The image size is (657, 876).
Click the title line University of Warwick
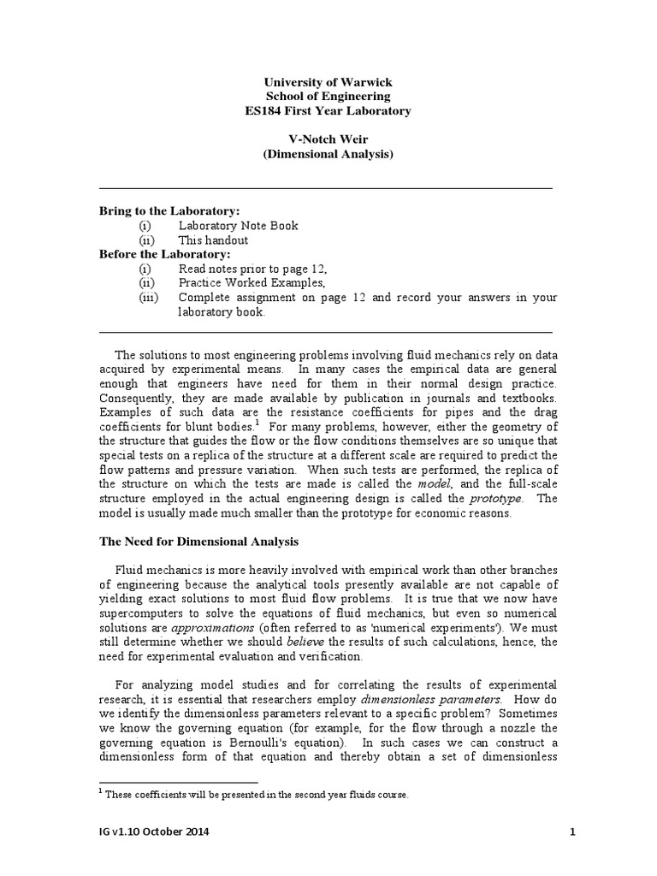[328, 82]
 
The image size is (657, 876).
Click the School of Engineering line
[328, 97]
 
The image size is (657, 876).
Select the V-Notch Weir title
[328, 140]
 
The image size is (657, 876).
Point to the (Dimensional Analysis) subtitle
[328, 155]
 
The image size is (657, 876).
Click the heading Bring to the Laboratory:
[169, 210]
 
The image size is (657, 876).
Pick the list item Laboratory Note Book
[238, 226]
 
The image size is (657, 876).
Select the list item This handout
[213, 240]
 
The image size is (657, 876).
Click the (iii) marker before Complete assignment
[150, 297]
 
